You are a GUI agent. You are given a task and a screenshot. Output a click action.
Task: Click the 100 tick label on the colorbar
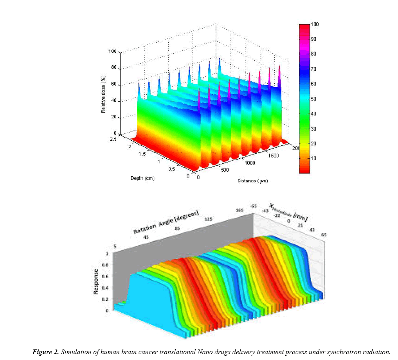[x=315, y=24]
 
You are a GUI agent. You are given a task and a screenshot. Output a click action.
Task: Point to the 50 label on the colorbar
[x=313, y=99]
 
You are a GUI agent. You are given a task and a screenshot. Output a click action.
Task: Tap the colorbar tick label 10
[x=313, y=158]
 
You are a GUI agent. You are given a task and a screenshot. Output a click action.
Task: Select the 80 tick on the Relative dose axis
[x=113, y=68]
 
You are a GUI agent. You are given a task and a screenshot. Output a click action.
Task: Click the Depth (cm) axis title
[x=142, y=178]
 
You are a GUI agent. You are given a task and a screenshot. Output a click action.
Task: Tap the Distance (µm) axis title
[x=252, y=181]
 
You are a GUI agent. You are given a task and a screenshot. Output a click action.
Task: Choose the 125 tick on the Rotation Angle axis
[x=209, y=219]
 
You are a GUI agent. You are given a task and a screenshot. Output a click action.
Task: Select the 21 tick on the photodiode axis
[x=301, y=225]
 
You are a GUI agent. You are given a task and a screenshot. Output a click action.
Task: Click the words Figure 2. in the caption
[x=45, y=352]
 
